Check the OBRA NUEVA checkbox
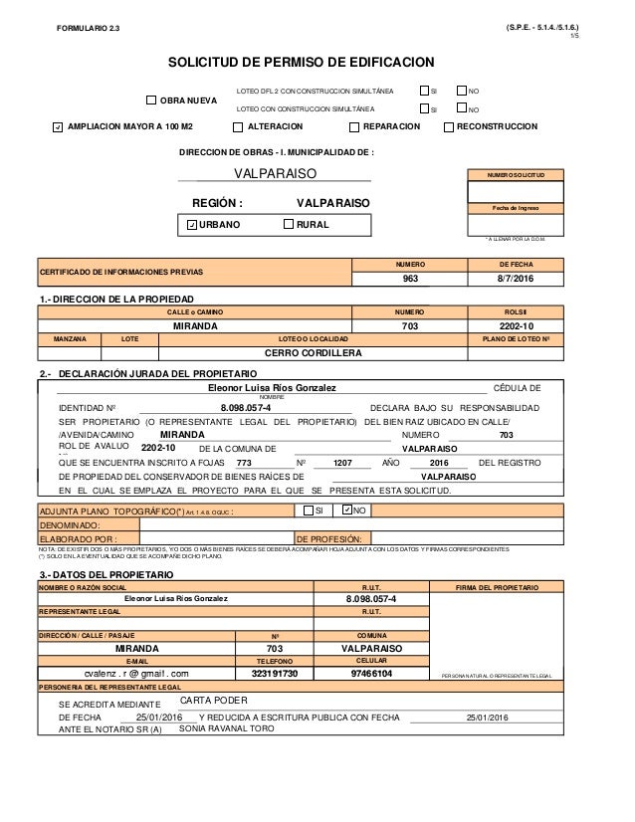pyautogui.click(x=151, y=100)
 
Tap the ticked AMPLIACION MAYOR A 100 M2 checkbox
pyautogui.click(x=59, y=127)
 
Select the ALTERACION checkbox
pyautogui.click(x=237, y=127)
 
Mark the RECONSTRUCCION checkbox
pyautogui.click(x=448, y=127)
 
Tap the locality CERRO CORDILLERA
pyautogui.click(x=317, y=353)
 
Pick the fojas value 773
pyautogui.click(x=245, y=463)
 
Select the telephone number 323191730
pyautogui.click(x=274, y=673)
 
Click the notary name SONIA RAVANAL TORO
pyautogui.click(x=226, y=728)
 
